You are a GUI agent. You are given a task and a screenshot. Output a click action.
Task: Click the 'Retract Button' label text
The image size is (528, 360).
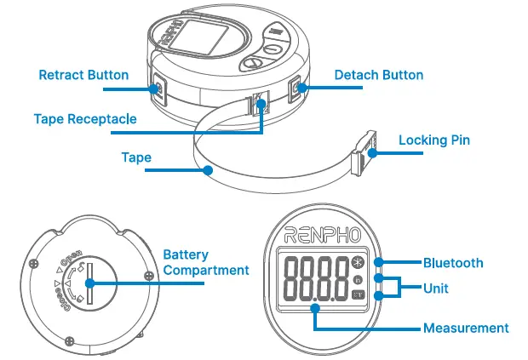[x=83, y=75]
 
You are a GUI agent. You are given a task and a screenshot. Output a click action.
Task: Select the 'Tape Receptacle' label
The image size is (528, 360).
[x=85, y=119]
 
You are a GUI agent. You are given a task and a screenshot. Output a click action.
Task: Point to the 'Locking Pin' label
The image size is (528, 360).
[x=434, y=140]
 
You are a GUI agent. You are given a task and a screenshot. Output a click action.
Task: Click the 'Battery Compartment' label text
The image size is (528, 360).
[x=205, y=262]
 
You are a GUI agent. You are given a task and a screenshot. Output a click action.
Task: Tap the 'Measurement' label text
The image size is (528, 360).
[x=466, y=328]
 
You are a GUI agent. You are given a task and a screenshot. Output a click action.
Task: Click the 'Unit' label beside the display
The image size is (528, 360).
[x=435, y=289]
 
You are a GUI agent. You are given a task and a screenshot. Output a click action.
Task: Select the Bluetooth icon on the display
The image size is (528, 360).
[x=358, y=263]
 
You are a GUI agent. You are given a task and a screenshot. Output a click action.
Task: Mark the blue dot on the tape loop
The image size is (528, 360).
[x=208, y=170]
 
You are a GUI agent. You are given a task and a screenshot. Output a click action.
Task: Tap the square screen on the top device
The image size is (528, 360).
[x=205, y=40]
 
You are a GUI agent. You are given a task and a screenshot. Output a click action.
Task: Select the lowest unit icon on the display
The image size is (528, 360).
[x=358, y=294]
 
